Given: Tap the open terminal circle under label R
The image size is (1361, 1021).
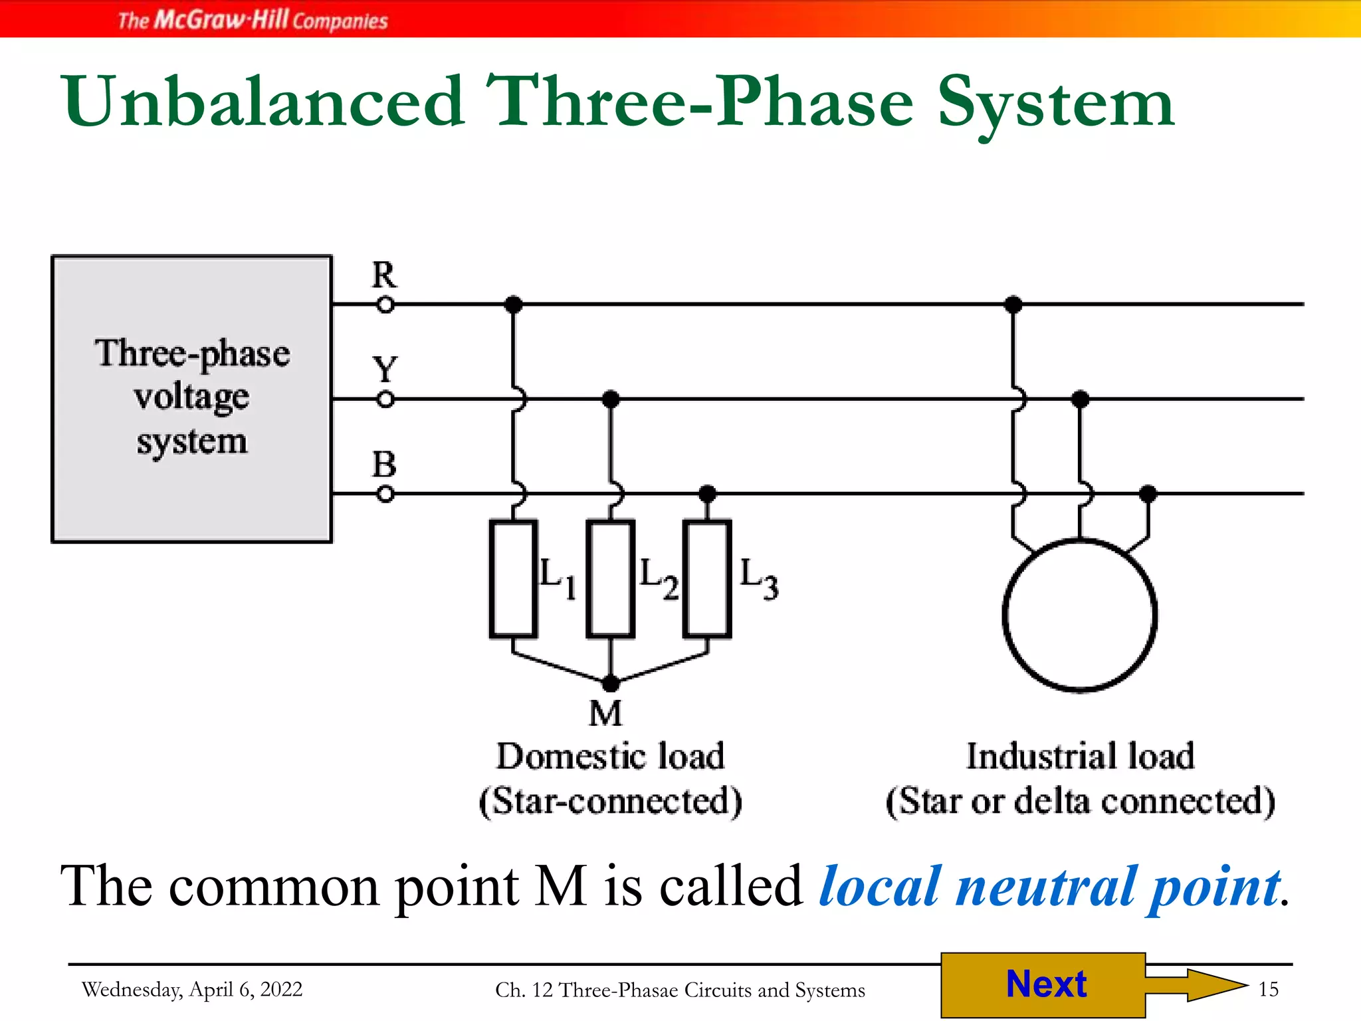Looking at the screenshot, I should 385,305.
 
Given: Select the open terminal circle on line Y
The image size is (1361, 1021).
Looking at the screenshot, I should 385,399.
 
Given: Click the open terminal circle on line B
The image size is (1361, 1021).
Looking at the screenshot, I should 385,495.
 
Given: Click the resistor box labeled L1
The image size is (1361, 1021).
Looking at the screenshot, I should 513,578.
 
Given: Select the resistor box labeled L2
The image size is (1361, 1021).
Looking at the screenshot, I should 611,578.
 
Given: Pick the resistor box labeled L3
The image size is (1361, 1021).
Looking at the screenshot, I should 708,578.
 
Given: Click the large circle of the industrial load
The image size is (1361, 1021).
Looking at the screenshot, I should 1080,615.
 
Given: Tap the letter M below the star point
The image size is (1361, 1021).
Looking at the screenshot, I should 605,714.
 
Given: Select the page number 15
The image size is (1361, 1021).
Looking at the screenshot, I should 1268,989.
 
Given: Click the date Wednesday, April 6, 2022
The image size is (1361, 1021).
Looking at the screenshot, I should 192,989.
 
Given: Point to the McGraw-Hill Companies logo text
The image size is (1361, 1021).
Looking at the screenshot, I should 253,20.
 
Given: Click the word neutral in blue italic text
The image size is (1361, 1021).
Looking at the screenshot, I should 1045,887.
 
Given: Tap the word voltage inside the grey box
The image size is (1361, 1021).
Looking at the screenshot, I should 191,397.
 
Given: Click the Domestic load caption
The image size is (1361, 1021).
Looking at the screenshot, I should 610,756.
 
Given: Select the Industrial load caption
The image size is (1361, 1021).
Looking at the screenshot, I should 1080,756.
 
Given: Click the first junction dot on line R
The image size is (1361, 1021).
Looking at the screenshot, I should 513,305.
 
